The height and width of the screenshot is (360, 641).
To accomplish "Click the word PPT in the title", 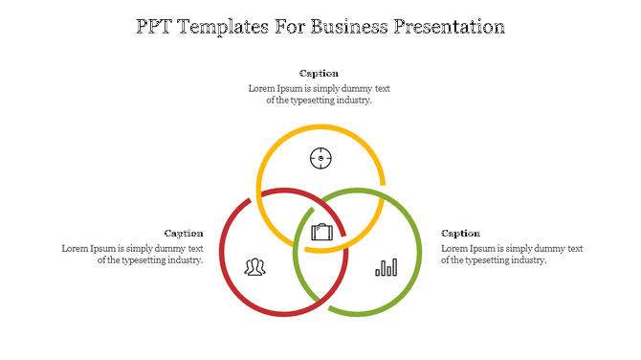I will [x=156, y=27].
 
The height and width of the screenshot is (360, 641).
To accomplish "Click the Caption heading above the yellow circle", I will [x=319, y=74].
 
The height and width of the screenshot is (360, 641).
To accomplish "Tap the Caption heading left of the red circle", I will [x=184, y=233].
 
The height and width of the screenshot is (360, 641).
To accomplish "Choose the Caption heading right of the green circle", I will [x=460, y=233].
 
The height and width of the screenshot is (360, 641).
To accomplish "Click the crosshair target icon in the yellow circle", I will [x=320, y=158].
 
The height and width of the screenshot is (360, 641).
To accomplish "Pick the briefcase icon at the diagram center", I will [x=321, y=232].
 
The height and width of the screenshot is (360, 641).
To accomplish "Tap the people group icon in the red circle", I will [x=254, y=267].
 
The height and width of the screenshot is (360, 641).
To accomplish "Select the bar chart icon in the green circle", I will [x=386, y=267].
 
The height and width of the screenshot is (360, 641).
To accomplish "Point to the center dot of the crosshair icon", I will [x=320, y=158].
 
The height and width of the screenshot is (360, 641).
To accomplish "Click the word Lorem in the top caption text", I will [x=262, y=89].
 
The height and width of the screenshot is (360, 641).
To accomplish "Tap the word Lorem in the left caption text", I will [x=76, y=248].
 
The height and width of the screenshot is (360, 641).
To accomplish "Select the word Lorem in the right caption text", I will [x=455, y=248].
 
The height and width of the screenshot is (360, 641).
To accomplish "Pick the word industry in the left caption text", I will [x=183, y=259].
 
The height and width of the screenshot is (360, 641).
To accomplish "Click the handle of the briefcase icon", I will [x=321, y=225].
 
